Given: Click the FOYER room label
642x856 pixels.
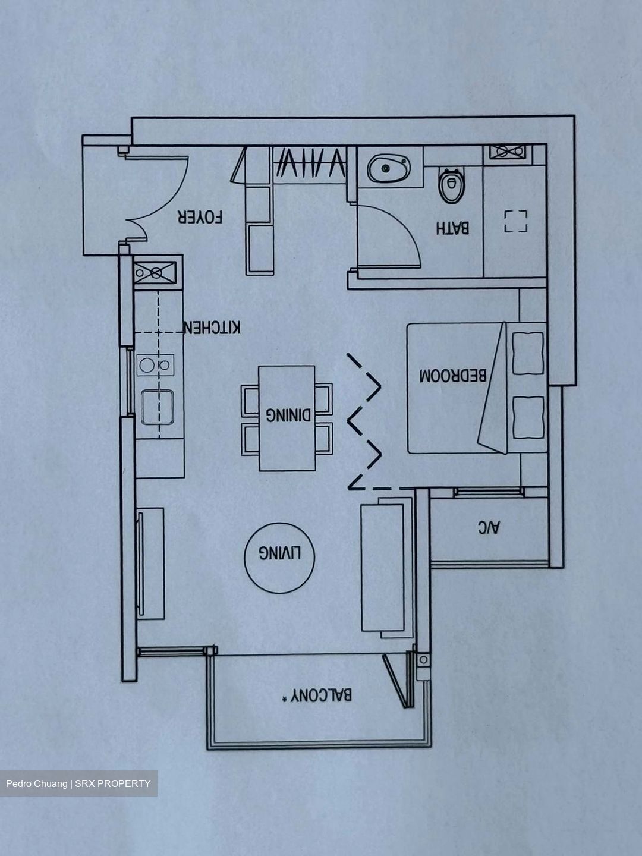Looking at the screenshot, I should tap(200, 217).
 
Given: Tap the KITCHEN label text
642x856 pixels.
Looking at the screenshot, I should tap(212, 328).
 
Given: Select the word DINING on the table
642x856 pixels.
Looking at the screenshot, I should tap(288, 415).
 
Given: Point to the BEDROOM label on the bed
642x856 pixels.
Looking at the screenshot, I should tap(452, 376).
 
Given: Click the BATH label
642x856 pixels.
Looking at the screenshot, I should tap(452, 228).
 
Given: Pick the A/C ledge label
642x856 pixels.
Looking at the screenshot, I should tap(489, 527).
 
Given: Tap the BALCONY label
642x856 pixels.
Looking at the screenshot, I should tap(317, 695).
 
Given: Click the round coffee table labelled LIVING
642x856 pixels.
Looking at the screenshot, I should tap(279, 557).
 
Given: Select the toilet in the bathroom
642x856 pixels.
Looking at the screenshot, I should tap(451, 185).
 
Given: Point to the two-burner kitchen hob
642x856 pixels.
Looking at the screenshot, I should tap(155, 364).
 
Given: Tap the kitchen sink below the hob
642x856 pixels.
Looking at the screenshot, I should tap(157, 407).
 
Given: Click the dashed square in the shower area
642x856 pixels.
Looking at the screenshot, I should tap(515, 221).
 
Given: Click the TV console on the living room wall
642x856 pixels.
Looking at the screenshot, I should tap(151, 563).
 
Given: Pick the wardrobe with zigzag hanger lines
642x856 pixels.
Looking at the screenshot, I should tap(309, 163).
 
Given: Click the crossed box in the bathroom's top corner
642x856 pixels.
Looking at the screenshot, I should tap(508, 152).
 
